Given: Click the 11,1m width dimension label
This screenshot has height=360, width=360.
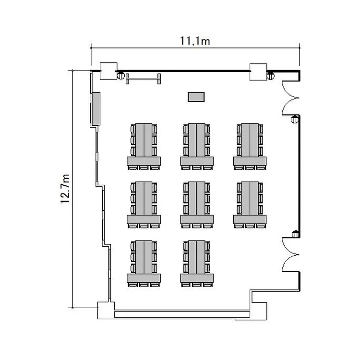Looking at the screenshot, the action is (195, 41).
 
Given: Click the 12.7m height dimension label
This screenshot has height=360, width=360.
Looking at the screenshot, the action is (65, 189).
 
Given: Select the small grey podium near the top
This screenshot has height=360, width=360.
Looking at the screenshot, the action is (196, 97).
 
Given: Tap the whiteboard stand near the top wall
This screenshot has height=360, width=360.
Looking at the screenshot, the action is (143, 79).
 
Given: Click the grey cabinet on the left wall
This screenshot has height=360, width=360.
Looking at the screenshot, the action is (96, 109).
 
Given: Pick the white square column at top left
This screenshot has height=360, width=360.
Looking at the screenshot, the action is (108, 71).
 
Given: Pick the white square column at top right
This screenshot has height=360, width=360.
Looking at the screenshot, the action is (258, 72).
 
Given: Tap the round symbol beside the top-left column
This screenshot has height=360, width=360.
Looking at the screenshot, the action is (121, 75).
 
